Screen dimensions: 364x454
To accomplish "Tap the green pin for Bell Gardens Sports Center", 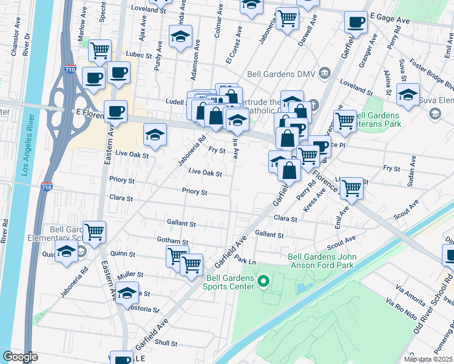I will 263,281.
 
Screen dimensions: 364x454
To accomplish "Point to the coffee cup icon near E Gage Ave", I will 356,22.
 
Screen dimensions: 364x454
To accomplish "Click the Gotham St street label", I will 172,241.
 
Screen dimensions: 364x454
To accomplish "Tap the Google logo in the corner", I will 20,357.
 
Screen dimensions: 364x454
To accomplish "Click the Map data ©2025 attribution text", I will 429,359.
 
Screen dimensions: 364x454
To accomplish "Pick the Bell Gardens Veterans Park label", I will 378,120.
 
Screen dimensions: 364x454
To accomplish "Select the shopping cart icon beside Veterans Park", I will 345,120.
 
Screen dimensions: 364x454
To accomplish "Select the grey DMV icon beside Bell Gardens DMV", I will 325,74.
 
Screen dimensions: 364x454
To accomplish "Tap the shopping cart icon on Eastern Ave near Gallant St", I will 94,231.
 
